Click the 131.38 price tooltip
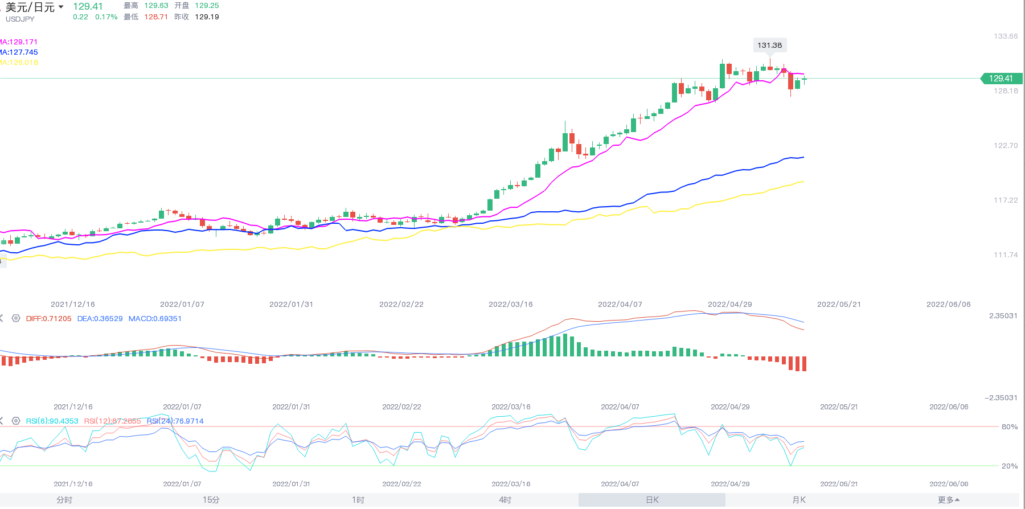coord(769,45)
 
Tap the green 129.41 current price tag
coord(1001,79)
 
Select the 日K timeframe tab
coord(652,500)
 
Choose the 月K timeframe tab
coord(798,500)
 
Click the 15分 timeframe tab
coord(211,500)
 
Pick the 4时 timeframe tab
coord(505,500)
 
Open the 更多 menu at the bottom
coord(948,500)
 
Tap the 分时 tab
coord(64,500)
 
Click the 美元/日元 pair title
coord(31,7)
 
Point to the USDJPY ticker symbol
coord(20,19)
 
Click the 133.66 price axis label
coord(1006,36)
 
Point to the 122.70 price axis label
coord(1006,146)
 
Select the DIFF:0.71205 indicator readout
coord(48,319)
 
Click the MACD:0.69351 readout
coord(155,319)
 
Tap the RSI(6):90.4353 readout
coord(52,421)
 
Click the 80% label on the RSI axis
coord(1009,427)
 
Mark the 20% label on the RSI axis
coord(1009,466)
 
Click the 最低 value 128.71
coord(156,17)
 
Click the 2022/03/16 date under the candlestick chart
coord(510,305)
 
